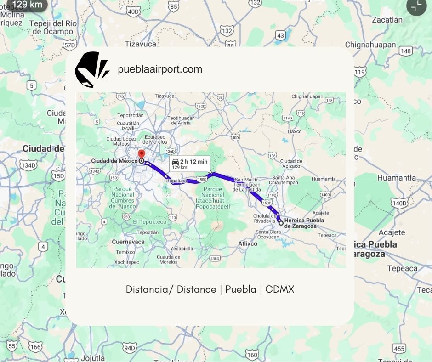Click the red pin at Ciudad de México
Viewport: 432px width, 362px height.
pos(142,154)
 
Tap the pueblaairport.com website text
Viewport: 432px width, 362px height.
pos(160,69)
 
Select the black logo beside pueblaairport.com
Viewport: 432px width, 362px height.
pos(92,69)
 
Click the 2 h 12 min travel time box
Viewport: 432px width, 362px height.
pos(189,164)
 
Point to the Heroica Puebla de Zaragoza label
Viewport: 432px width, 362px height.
pos(304,223)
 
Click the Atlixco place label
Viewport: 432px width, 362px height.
pos(248,243)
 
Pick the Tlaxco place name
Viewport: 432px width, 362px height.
pos(294,131)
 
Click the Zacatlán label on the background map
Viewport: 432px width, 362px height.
pos(387,20)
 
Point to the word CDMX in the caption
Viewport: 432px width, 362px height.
pos(279,289)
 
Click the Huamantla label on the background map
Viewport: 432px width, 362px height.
pos(396,178)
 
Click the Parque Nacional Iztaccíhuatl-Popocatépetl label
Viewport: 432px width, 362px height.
pos(212,198)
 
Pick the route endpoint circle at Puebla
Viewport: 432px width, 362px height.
pos(281,223)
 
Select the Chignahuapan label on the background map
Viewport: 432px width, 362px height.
pos(370,45)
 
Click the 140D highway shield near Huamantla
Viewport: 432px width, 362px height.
pos(400,203)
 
